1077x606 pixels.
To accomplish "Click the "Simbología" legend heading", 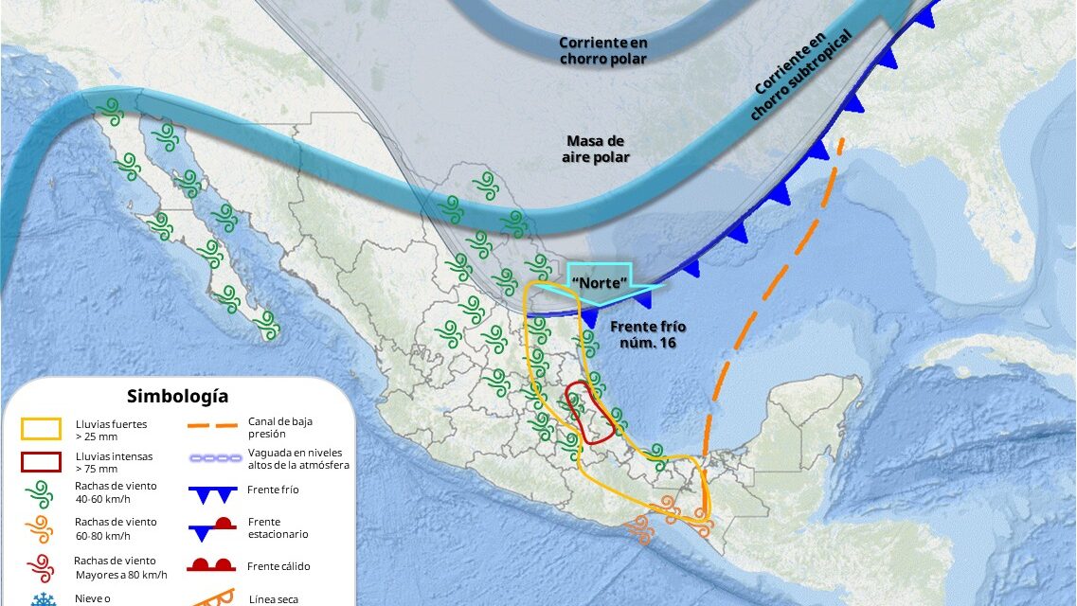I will click(x=177, y=396).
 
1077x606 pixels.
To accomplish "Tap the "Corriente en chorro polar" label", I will click(x=602, y=51).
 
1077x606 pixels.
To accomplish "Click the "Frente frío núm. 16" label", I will click(x=648, y=334).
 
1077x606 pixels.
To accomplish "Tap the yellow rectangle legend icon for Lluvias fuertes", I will click(x=40, y=429).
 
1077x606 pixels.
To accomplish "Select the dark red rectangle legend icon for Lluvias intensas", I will click(x=40, y=461).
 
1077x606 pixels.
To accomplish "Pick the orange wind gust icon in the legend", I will click(x=40, y=528).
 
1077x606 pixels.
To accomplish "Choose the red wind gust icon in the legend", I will click(x=40, y=566).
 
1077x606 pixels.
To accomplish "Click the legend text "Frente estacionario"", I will click(x=278, y=527).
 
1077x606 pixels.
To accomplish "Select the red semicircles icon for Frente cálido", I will click(x=211, y=565).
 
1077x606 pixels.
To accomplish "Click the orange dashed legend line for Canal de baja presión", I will click(x=211, y=426).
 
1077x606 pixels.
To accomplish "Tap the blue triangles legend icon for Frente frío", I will click(x=211, y=493).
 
